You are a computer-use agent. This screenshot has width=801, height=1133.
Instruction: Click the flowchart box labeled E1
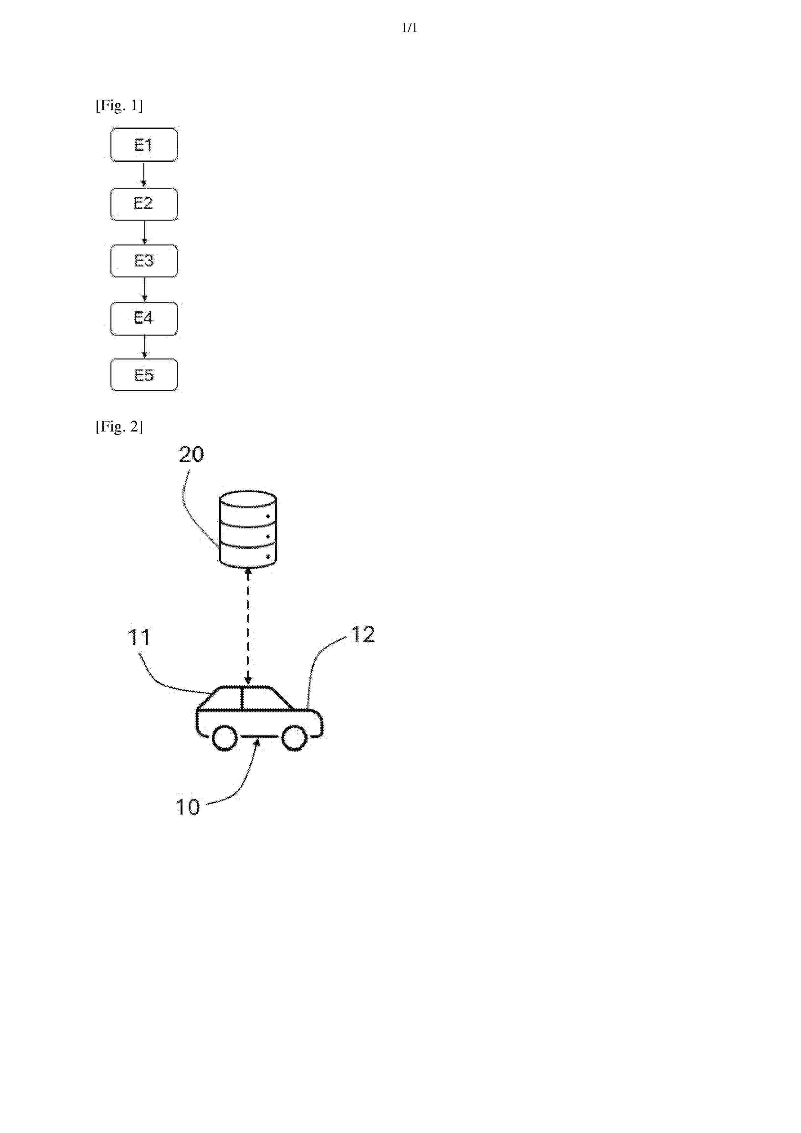(144, 145)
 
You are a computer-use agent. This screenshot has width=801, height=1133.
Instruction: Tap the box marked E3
(144, 261)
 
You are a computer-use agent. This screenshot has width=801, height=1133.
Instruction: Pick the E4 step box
(144, 318)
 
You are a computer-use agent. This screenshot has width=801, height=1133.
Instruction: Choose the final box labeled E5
(144, 375)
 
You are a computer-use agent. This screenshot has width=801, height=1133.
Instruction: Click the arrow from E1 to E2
(144, 174)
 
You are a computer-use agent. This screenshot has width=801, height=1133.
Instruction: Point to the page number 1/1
(410, 28)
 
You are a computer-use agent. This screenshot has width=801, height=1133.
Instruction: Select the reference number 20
(191, 454)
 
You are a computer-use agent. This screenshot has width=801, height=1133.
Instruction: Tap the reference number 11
(139, 638)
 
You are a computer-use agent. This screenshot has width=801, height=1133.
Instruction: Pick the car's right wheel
(295, 738)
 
